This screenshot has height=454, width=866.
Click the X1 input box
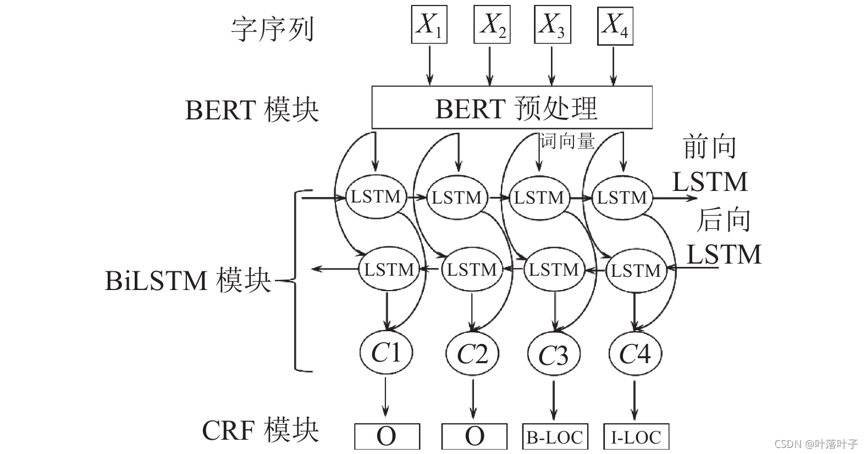point(429,25)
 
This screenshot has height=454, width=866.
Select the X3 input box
point(552,25)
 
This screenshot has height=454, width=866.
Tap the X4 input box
point(615,25)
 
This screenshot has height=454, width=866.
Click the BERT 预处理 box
point(511,108)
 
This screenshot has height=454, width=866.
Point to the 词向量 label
point(567,141)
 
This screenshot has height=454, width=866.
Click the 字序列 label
point(272,29)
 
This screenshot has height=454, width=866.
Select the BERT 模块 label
point(252,110)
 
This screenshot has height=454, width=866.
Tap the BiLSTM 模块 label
point(188,281)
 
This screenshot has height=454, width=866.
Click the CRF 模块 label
point(260,430)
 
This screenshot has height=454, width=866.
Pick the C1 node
point(386,353)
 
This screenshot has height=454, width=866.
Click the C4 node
point(635,353)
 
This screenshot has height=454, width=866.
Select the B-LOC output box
point(554,437)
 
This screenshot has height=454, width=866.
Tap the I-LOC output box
point(636,437)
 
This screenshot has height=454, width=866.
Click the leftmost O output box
point(387,436)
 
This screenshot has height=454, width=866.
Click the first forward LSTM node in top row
point(376,196)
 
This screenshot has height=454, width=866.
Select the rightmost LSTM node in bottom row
point(636,270)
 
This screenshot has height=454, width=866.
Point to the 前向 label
point(709,147)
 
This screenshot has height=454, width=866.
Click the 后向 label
point(724,220)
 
